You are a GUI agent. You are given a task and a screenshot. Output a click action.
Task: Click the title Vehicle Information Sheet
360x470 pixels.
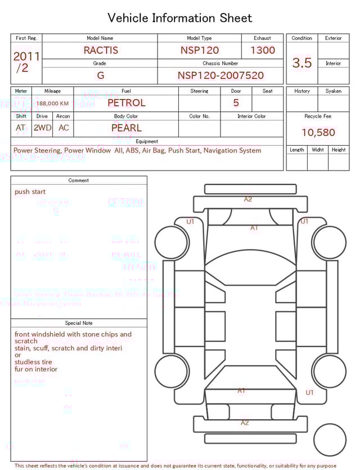(180, 18)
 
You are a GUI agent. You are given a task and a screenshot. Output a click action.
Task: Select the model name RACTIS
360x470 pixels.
(101, 50)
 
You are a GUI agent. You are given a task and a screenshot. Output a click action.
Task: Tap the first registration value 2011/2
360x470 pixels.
(26, 61)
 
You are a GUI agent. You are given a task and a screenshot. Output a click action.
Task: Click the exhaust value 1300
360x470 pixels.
(263, 50)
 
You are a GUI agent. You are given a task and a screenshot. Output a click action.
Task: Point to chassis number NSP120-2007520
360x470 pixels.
(220, 75)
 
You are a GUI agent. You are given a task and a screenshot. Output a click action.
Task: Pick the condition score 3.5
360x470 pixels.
(302, 63)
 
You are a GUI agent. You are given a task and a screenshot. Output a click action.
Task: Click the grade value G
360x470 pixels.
(101, 75)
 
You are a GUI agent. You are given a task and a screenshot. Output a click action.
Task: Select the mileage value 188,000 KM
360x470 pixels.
(53, 104)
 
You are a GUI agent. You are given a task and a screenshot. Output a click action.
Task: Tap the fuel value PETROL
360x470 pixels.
(126, 103)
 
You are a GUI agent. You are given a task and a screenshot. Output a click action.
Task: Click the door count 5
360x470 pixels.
(236, 103)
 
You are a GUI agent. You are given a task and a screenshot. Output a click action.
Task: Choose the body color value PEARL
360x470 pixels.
(126, 128)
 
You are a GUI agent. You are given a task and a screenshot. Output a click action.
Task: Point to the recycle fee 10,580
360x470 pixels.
(318, 133)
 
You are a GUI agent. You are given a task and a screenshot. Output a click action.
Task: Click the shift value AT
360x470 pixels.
(21, 128)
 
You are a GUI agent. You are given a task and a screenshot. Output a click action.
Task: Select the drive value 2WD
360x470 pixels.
(42, 128)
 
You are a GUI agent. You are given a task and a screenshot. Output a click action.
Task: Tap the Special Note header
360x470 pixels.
(79, 323)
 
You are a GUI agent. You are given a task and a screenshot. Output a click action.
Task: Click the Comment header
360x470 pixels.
(79, 181)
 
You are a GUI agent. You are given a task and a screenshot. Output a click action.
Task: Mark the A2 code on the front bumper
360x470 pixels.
(247, 199)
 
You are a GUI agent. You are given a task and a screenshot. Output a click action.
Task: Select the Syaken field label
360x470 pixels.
(333, 91)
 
